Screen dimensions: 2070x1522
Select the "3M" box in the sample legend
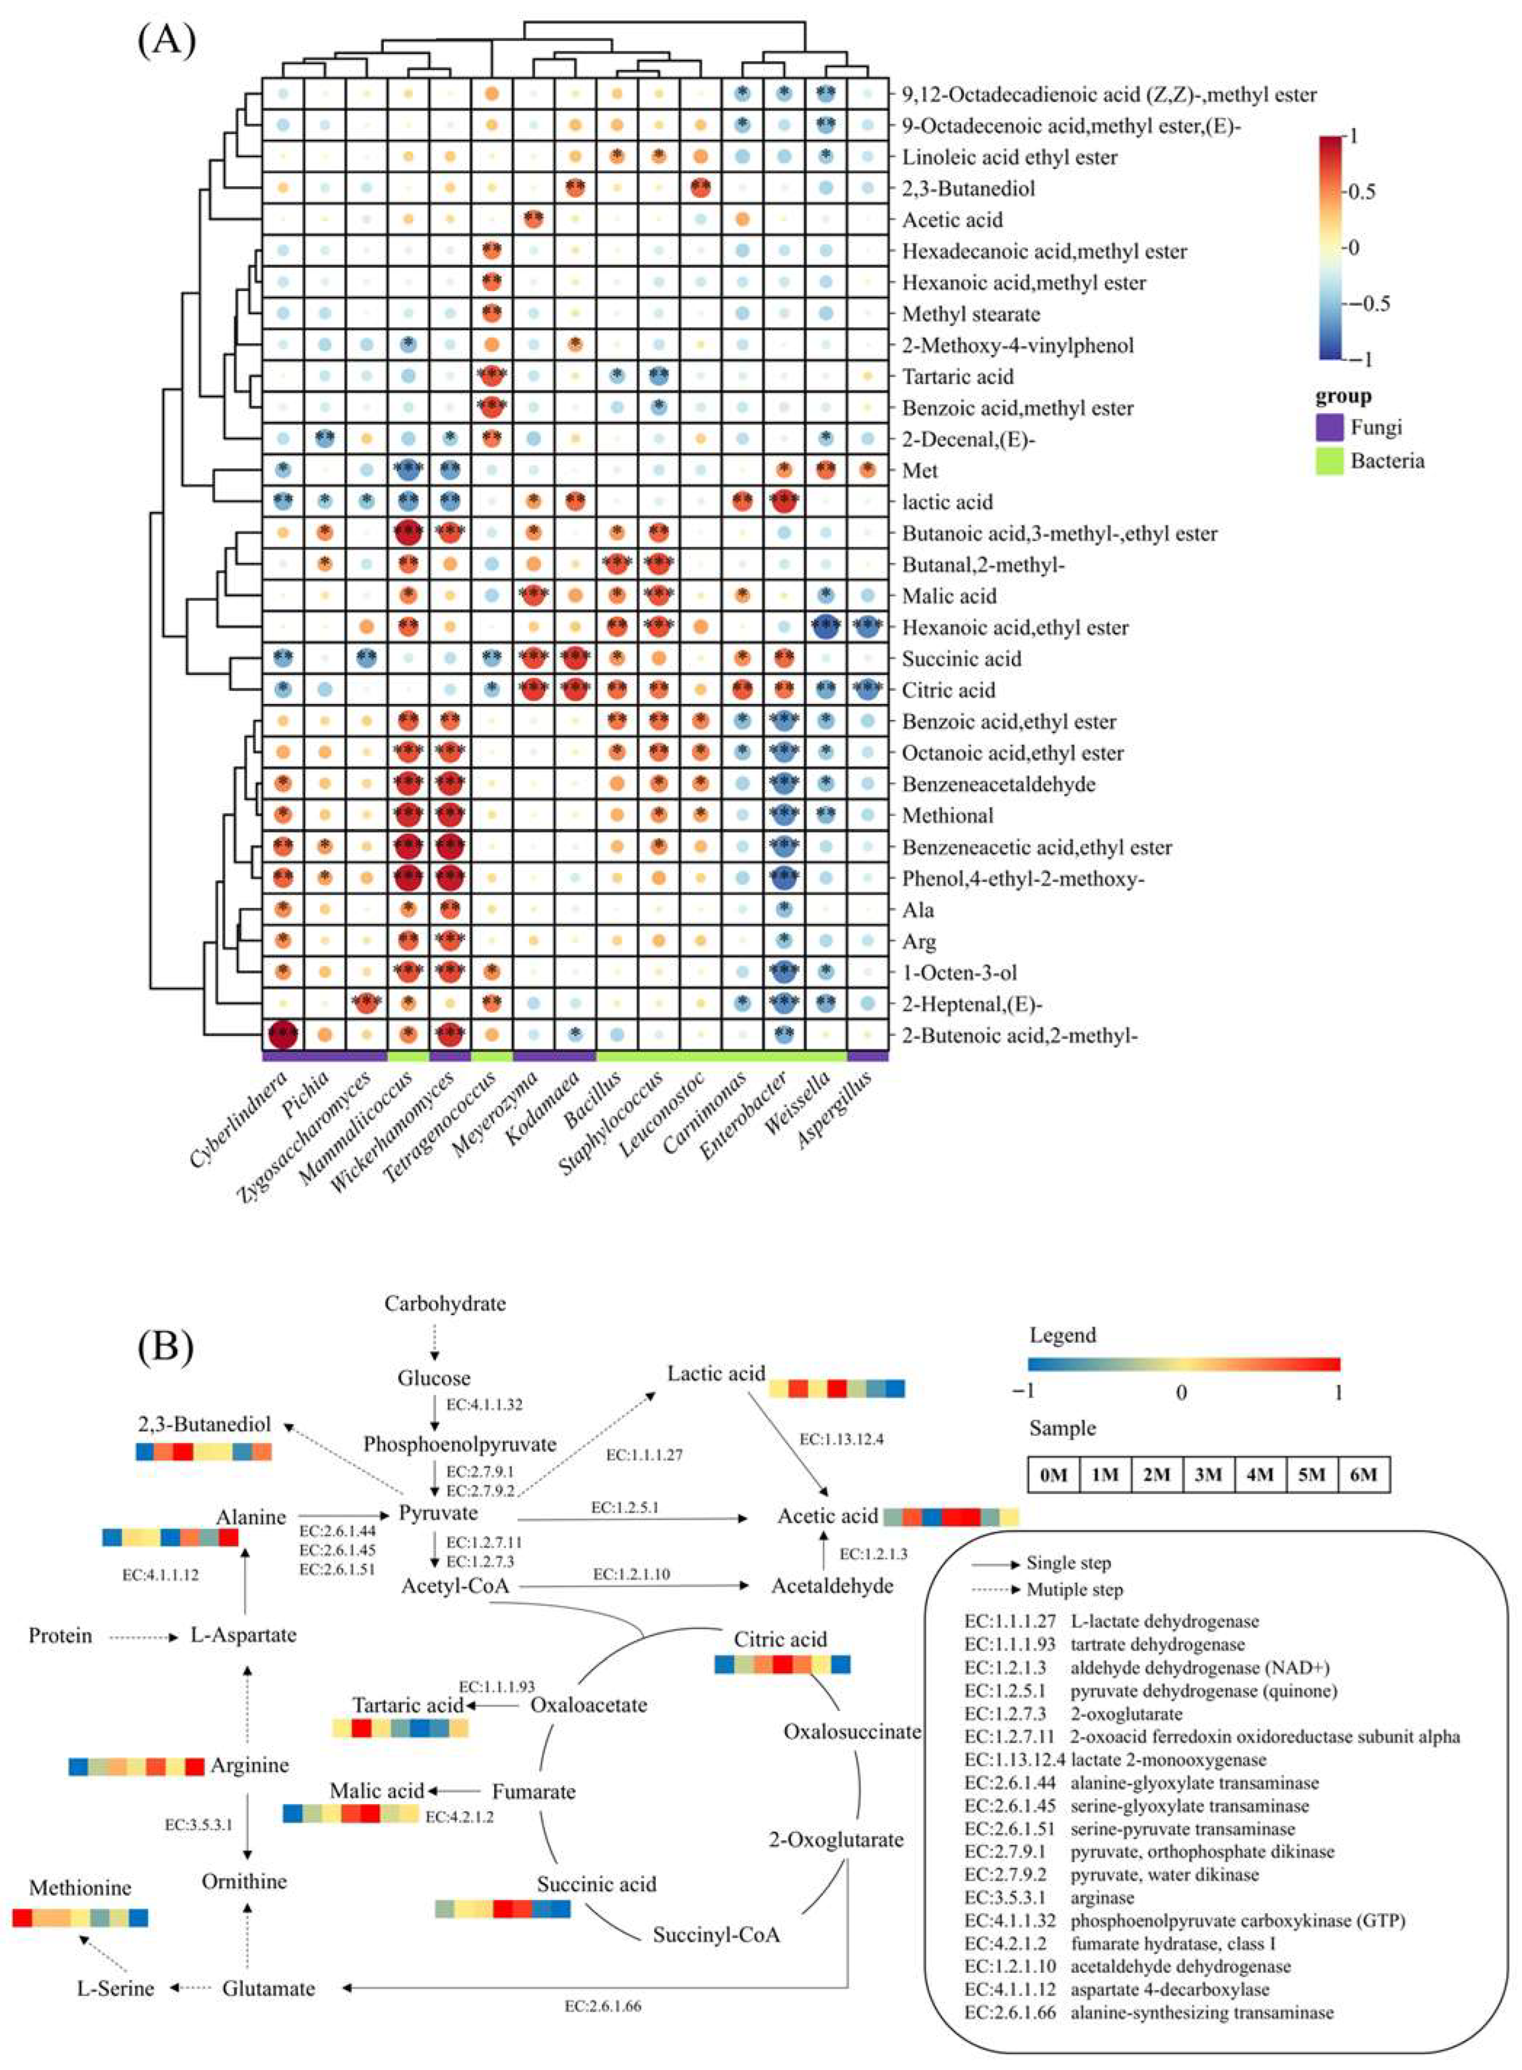pos(1208,1475)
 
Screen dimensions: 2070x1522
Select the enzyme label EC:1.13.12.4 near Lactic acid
pos(841,1439)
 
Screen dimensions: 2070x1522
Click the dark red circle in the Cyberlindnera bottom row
pos(283,1035)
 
